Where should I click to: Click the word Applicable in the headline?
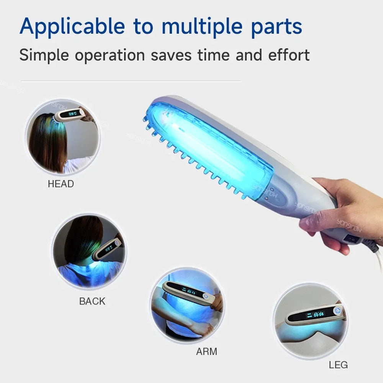[72, 26]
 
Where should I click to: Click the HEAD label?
[61, 184]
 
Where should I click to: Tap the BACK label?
[92, 301]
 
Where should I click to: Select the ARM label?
[207, 351]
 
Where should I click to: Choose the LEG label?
[338, 365]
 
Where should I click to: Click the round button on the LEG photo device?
[338, 311]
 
